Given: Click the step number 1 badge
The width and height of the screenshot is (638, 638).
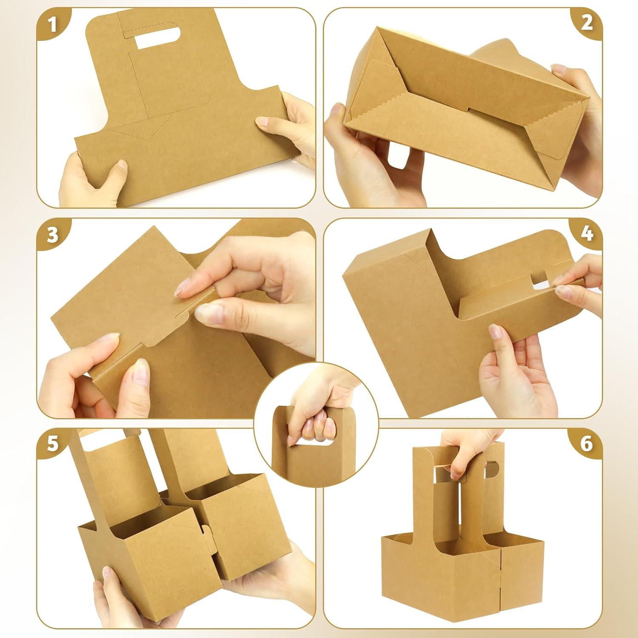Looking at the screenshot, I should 52,24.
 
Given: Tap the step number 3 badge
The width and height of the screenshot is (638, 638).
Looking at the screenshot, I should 52,234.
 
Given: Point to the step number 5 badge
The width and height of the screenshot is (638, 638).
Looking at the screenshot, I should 52,444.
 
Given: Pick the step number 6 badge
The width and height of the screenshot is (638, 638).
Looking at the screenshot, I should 587,444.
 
